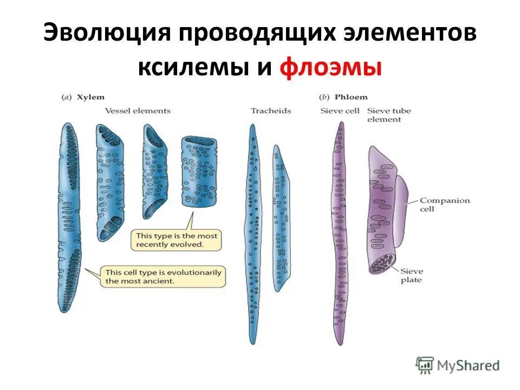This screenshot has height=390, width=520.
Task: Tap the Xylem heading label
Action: tap(89, 97)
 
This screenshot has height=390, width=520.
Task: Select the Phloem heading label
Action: tap(350, 97)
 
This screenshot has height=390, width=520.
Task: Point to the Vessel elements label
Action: tap(138, 111)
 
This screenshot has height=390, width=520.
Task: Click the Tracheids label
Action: tap(270, 111)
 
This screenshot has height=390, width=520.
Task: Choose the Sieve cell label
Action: tap(340, 111)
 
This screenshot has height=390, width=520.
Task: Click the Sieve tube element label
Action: tap(388, 115)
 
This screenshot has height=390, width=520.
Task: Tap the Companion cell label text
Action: tap(445, 205)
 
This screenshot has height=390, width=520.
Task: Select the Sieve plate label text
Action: tap(412, 275)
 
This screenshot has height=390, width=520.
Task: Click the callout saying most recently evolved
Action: tap(176, 240)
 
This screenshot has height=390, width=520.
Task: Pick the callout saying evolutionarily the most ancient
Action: tap(163, 277)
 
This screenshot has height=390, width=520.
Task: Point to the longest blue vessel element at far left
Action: tap(70, 217)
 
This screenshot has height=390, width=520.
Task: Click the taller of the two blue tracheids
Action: tap(252, 233)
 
